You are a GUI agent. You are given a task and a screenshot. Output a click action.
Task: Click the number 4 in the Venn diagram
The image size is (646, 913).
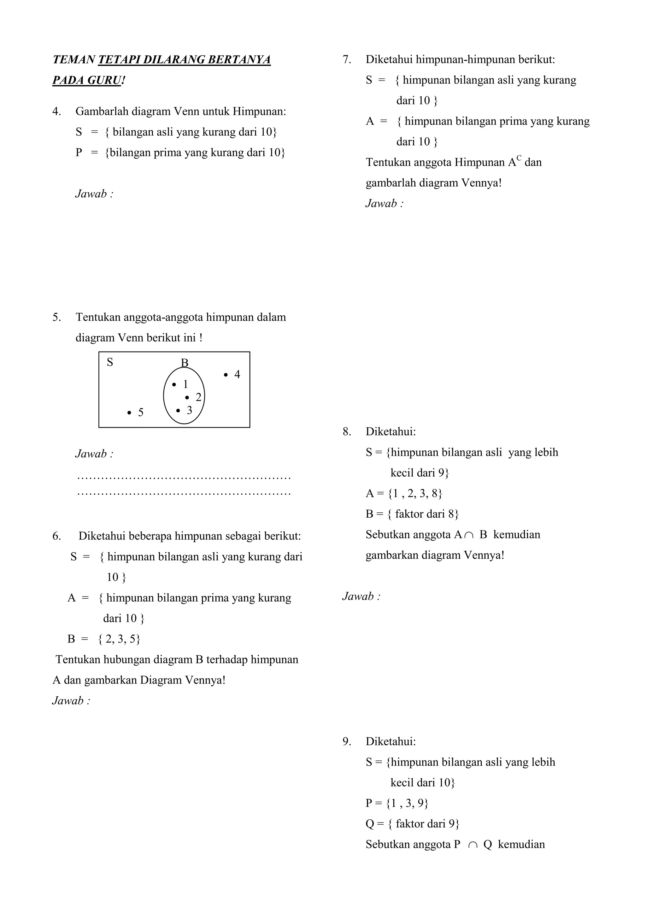(237, 375)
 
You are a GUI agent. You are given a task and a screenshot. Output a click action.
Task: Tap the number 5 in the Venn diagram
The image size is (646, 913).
(140, 413)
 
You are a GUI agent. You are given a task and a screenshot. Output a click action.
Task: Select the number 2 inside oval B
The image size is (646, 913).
(198, 397)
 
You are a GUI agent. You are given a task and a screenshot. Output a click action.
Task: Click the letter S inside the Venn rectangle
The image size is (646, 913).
(110, 362)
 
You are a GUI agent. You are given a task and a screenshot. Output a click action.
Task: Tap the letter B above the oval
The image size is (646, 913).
(185, 363)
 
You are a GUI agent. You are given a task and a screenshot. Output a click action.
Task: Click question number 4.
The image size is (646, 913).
(56, 111)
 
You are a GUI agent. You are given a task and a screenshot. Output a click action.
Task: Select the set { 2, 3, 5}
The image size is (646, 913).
(119, 639)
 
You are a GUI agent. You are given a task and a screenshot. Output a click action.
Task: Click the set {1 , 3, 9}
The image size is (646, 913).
(407, 804)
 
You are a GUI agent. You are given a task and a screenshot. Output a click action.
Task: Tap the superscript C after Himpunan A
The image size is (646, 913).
(519, 158)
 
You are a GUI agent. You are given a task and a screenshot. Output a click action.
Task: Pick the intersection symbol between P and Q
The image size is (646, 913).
(473, 845)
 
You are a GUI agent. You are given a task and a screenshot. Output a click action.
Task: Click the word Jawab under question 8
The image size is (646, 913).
(358, 596)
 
